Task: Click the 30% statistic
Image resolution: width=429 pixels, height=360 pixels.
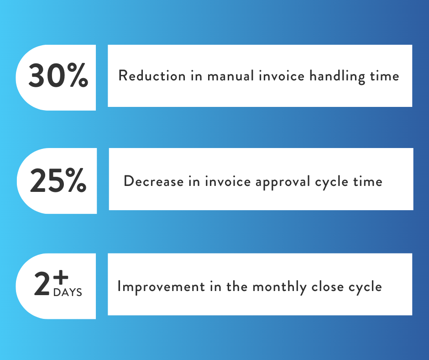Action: [58, 76]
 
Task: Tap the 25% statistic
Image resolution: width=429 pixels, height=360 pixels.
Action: [58, 181]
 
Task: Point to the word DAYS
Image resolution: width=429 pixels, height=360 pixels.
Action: [68, 292]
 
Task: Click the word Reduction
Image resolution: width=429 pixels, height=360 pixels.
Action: [150, 76]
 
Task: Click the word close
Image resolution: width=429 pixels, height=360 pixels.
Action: [327, 287]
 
